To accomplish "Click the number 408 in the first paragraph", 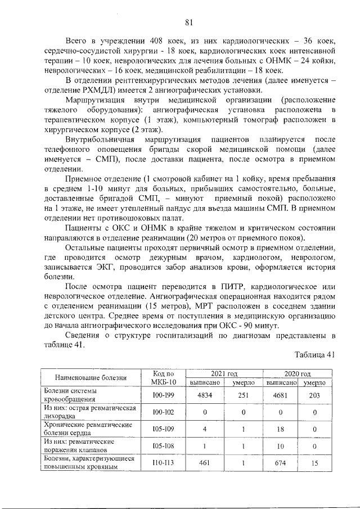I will (160, 42).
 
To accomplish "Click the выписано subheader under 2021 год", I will (205, 382).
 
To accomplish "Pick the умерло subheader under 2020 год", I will (314, 382).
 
